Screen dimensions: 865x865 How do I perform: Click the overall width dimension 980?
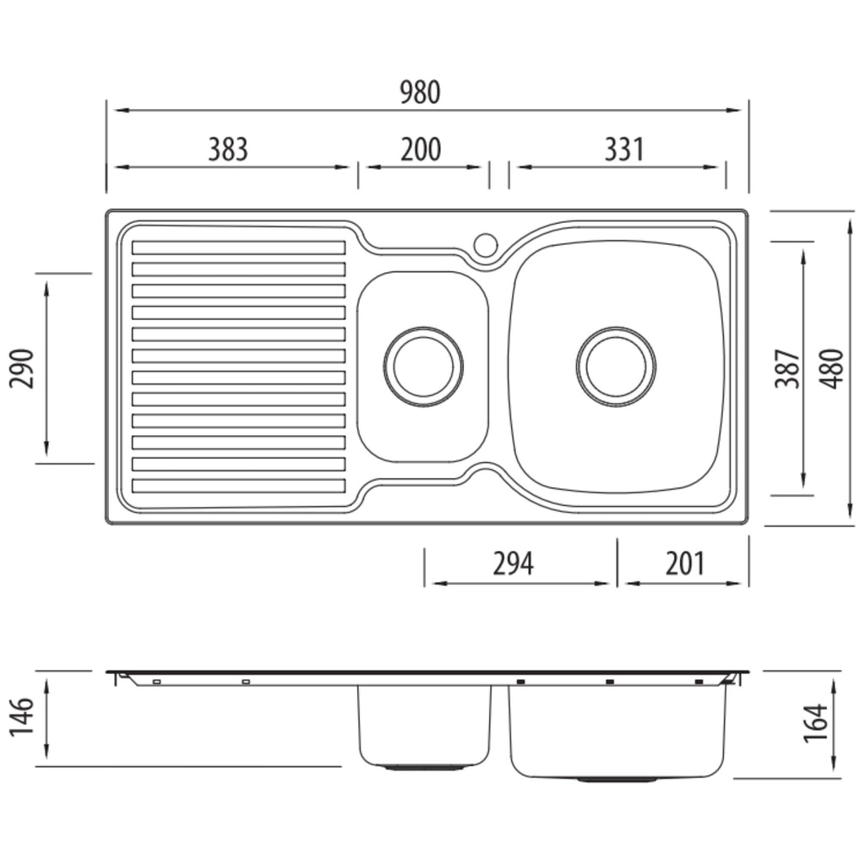(x=420, y=93)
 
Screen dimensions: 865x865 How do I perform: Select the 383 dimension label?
(x=228, y=150)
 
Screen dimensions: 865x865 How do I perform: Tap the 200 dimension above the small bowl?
(x=421, y=150)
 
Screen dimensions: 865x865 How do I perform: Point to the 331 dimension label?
(x=624, y=150)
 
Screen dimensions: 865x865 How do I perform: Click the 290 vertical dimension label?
(x=22, y=368)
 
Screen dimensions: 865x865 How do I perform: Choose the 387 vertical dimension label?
(x=787, y=368)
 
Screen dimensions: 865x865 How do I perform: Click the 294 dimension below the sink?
(x=513, y=563)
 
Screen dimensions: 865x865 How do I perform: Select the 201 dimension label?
(x=685, y=563)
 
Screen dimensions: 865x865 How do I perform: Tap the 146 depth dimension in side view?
(x=22, y=716)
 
